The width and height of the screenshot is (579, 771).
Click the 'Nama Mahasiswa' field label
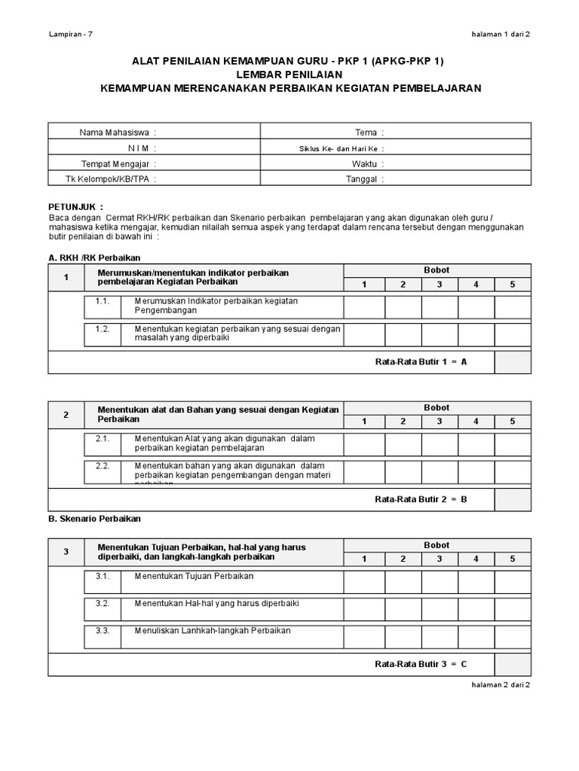click(118, 133)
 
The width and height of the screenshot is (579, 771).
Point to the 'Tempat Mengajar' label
click(119, 163)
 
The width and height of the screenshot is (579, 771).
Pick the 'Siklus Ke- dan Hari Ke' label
click(342, 148)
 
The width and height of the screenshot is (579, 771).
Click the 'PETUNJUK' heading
click(75, 206)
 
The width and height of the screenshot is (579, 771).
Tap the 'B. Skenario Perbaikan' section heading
click(94, 519)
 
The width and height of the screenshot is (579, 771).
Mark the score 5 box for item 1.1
click(513, 306)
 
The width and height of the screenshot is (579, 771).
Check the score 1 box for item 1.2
click(364, 334)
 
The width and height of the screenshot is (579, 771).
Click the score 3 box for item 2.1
click(440, 444)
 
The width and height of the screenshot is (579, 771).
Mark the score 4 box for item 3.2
click(476, 608)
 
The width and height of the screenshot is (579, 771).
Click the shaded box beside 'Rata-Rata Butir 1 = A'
click(513, 361)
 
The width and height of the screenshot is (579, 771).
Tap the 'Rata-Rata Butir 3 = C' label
click(421, 664)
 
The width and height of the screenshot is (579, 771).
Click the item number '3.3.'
click(103, 630)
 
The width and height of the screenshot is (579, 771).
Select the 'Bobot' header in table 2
click(437, 407)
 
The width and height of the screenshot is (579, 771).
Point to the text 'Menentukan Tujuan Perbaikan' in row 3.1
click(194, 576)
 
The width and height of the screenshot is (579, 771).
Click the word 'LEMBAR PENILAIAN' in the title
click(290, 75)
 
